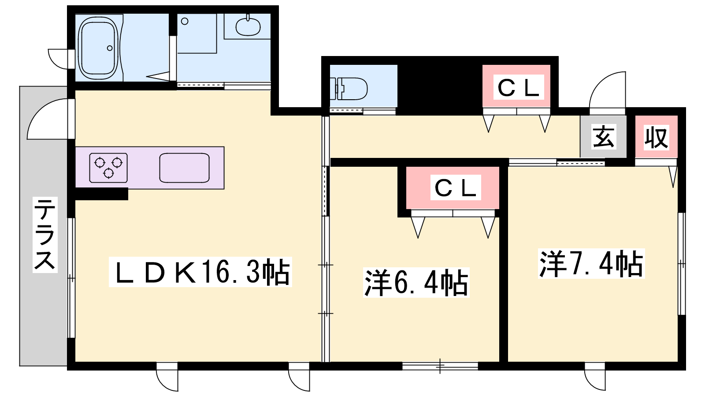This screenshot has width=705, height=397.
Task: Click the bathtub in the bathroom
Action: click(x=98, y=48)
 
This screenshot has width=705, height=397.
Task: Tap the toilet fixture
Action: click(x=349, y=89)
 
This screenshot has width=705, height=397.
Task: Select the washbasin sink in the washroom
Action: click(x=248, y=26)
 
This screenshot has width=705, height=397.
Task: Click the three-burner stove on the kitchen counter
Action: click(x=108, y=168)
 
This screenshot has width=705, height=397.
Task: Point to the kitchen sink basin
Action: click(x=185, y=168)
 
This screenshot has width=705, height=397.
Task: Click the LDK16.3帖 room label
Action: click(x=200, y=272)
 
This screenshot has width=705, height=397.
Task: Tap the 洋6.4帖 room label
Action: click(x=416, y=283)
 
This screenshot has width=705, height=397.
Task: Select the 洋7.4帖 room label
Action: click(x=591, y=264)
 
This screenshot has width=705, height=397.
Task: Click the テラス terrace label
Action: click(x=45, y=235)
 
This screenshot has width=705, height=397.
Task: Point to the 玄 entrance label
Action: click(x=603, y=137)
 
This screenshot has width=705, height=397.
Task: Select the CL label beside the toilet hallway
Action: click(x=519, y=87)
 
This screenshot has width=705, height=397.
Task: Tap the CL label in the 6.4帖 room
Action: click(x=456, y=187)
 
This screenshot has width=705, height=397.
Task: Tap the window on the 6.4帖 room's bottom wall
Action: click(x=440, y=366)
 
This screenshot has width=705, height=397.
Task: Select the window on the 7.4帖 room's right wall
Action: click(x=681, y=264)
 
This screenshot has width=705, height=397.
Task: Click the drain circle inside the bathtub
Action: click(x=110, y=48)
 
